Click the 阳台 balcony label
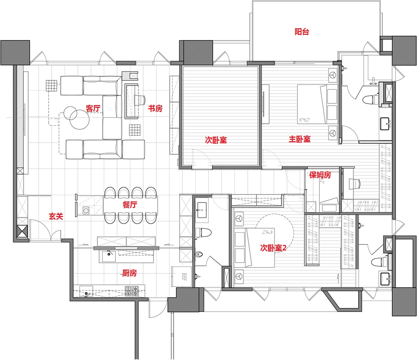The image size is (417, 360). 302,32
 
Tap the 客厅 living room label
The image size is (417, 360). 93,109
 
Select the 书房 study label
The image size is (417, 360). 155,109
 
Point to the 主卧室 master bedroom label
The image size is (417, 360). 300,139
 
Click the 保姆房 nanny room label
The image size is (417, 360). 320,175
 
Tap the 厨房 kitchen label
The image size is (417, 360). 129,273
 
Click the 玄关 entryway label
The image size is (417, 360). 56,216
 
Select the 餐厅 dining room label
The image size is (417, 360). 129,205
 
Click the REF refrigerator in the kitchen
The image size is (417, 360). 182,277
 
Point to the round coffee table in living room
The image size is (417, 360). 79,120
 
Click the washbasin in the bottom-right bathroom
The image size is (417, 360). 385,278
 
